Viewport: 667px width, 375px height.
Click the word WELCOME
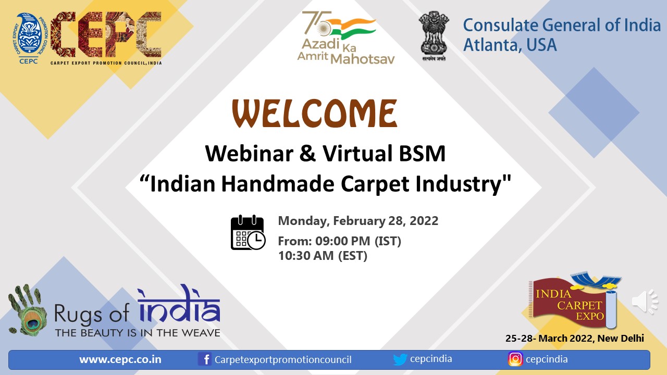pos(314,114)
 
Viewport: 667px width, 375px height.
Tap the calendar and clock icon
pos(248,232)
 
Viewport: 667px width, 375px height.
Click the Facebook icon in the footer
pos(205,359)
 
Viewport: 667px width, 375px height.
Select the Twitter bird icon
pos(400,359)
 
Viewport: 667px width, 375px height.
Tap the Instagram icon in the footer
pos(515,359)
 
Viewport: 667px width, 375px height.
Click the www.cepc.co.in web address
pos(120,359)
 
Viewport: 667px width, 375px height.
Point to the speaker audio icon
pos(645,302)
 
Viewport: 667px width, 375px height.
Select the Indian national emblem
pos(434,36)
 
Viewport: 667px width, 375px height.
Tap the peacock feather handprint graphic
pos(28,310)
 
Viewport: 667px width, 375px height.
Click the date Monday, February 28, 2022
pos(358,221)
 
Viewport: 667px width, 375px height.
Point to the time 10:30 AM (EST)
pos(323,256)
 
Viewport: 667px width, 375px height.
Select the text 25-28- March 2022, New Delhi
pos(575,339)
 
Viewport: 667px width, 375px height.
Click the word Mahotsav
pos(363,59)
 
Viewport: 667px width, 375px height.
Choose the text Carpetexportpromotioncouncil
pos(283,359)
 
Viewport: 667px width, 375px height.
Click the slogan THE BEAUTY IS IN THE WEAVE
pos(138,333)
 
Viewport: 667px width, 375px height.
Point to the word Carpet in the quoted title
pos(375,184)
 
